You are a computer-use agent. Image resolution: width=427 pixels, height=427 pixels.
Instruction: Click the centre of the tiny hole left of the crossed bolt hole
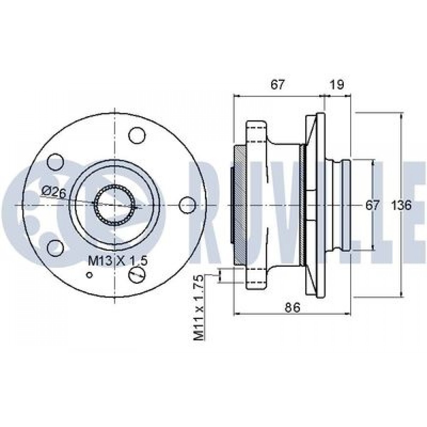point(89,275)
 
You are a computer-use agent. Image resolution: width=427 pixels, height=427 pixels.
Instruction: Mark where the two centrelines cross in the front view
point(115,205)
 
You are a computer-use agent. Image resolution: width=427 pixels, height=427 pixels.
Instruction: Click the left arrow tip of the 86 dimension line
point(234,314)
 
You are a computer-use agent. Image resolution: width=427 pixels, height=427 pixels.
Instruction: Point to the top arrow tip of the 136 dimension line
point(401,113)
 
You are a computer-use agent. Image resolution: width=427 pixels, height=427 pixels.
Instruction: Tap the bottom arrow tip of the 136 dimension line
point(401,297)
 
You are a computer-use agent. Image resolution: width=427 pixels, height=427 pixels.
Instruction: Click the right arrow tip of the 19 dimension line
point(351,96)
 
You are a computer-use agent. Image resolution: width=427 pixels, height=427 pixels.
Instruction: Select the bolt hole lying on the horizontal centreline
point(187,205)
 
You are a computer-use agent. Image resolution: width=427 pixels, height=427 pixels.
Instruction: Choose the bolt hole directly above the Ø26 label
point(56,162)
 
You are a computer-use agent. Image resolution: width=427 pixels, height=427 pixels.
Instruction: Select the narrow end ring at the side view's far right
point(346,205)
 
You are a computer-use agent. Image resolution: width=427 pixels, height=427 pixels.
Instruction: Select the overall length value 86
point(292,307)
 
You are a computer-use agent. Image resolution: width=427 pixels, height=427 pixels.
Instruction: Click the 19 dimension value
point(337,85)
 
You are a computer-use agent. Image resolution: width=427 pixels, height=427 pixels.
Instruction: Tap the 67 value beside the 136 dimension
point(372,205)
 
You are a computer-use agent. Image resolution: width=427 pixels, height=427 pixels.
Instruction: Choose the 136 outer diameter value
point(401,205)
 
